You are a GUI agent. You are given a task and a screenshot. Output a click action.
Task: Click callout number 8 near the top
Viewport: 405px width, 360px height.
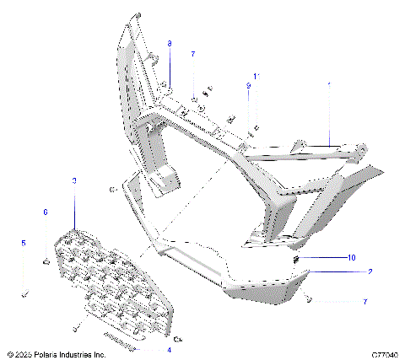[x=169, y=43]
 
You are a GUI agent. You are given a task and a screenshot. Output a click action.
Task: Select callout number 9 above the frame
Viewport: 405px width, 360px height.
[x=249, y=86]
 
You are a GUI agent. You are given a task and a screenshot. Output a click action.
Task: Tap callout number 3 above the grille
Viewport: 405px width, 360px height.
[x=74, y=181]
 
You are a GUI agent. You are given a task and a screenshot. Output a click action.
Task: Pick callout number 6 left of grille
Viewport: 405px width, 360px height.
[x=46, y=212]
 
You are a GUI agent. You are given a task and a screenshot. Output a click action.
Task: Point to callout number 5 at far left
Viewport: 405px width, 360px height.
[x=24, y=243]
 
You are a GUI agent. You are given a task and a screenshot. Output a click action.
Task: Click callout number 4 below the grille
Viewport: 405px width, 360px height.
[x=168, y=349]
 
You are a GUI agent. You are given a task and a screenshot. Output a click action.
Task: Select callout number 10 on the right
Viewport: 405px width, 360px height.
[x=352, y=257]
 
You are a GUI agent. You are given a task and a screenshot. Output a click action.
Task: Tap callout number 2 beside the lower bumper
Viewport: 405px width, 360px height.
[x=370, y=272]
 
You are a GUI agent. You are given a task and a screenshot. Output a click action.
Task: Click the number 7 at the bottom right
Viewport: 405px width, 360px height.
[x=364, y=301]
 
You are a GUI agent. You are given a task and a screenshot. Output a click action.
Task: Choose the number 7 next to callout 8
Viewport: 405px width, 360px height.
[x=192, y=54]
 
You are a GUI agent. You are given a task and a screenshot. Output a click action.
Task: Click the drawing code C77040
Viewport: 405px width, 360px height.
[x=382, y=355]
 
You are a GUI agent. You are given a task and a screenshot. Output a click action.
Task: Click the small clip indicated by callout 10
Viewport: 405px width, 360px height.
[x=297, y=259]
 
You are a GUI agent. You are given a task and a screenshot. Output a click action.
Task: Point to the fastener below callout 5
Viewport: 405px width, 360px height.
[x=24, y=294]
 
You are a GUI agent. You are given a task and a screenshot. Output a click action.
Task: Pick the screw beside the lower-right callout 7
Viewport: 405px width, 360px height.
[x=310, y=298]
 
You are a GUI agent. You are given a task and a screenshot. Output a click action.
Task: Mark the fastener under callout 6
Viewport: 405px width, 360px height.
[x=44, y=264]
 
